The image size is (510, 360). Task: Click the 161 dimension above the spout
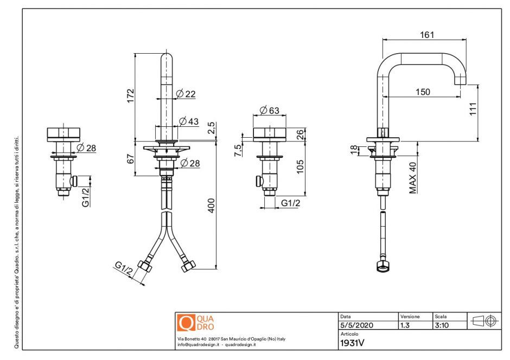(427, 35)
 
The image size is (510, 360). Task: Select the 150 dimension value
(422, 92)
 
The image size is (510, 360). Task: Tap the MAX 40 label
(413, 177)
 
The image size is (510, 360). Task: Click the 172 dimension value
(130, 95)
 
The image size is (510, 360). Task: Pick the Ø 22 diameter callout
(186, 94)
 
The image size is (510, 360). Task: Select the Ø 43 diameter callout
(188, 121)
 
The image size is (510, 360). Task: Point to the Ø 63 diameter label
(269, 111)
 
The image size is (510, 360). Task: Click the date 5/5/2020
(356, 325)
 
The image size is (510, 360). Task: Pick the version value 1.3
(405, 325)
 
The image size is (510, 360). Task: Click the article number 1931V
(352, 343)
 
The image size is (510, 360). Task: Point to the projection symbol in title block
(484, 320)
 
